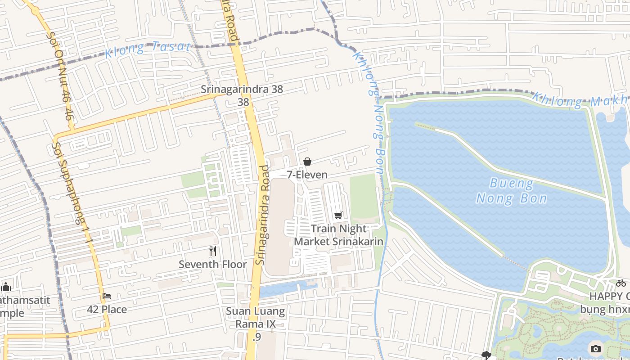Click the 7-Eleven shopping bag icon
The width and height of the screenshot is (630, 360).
307,162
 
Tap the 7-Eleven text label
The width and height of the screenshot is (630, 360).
307,175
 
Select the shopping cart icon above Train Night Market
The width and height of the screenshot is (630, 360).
338,216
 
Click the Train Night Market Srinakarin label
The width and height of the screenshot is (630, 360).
338,235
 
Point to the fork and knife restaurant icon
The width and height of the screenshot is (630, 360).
213,251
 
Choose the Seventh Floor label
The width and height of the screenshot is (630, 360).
213,264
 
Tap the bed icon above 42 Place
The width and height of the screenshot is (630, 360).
107,296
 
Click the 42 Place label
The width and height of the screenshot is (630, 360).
107,310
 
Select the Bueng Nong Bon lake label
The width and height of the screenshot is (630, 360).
512,191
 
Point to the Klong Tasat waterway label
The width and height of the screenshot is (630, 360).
148,48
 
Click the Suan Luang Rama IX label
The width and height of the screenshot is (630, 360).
255,317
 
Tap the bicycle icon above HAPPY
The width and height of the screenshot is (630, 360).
621,283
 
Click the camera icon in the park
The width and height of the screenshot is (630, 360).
595,349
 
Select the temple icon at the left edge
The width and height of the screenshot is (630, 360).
5,287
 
